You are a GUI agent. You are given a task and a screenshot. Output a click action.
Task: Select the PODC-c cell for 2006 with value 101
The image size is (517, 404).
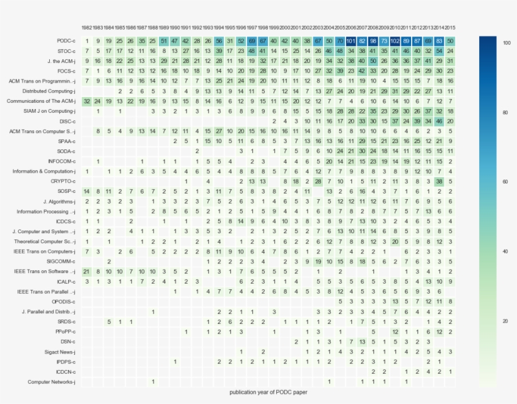coord(351,41)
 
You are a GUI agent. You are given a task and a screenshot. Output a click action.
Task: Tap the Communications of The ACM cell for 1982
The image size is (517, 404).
coord(87,101)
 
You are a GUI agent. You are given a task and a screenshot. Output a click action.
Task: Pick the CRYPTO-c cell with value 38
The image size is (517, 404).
coord(439,181)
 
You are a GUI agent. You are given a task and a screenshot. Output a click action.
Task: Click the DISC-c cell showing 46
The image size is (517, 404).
coord(439,121)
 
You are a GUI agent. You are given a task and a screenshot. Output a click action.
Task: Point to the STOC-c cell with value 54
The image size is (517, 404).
coord(439,51)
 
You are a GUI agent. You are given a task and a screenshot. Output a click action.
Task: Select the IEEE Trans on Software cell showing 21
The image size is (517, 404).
coord(87,271)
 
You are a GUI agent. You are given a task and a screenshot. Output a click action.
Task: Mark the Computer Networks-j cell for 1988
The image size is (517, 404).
coord(153,381)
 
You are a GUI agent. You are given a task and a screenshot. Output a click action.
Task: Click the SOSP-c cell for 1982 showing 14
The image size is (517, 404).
coord(87,191)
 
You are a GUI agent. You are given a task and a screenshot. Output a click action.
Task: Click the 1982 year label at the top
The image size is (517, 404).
coord(87,28)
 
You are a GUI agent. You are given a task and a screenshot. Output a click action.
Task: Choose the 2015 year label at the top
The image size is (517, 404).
coord(450,28)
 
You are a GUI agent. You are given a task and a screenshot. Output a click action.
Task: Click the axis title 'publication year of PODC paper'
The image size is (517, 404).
coord(269,392)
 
